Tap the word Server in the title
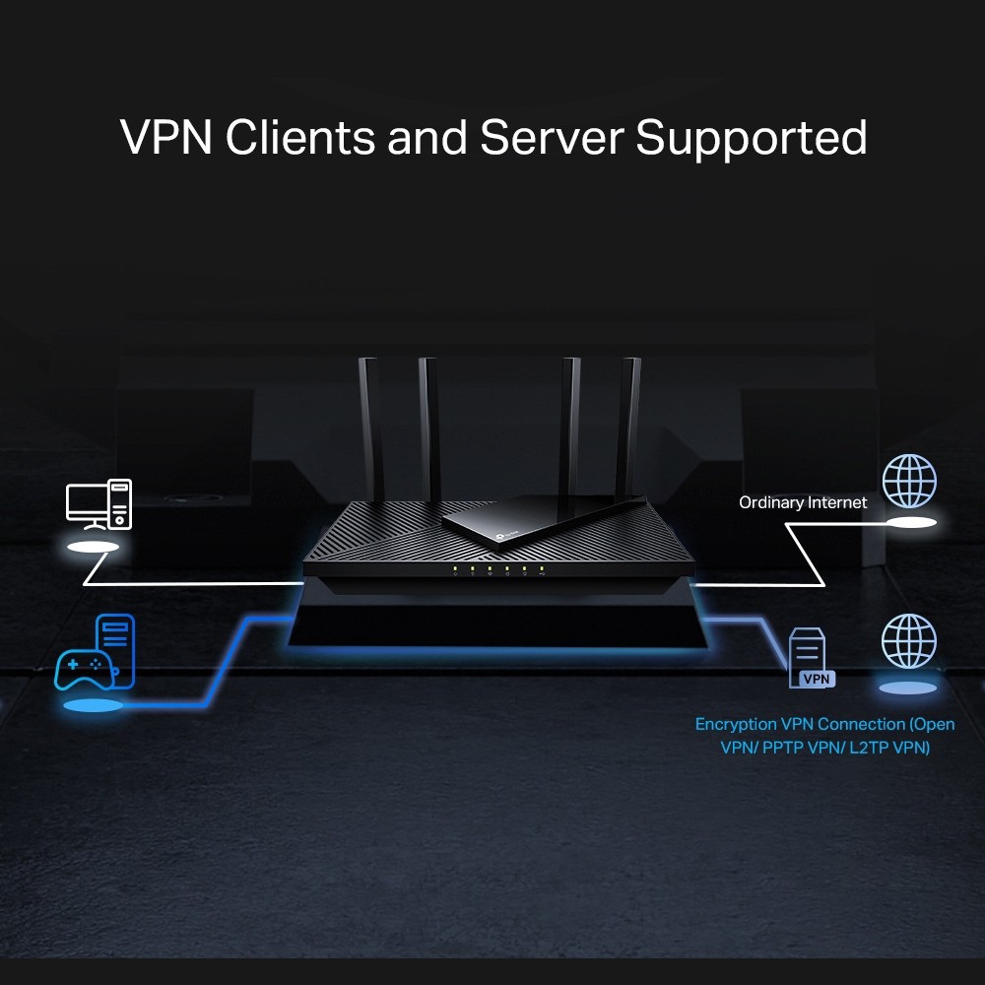click(554, 138)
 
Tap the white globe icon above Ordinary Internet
click(908, 480)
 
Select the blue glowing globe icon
click(908, 641)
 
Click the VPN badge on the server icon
click(816, 679)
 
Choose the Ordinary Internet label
click(803, 502)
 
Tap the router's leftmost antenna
click(369, 424)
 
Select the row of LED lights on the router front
click(498, 569)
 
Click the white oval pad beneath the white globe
click(910, 523)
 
